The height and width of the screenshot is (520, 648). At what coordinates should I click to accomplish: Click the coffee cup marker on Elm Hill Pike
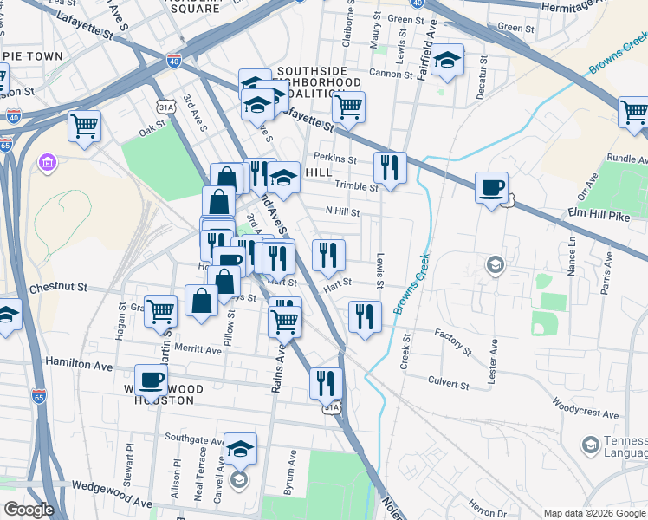(492, 187)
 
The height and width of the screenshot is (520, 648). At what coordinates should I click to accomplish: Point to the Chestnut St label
(59, 287)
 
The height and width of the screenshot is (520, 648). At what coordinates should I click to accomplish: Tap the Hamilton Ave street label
(80, 364)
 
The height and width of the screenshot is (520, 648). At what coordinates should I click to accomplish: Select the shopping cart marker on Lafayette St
(348, 107)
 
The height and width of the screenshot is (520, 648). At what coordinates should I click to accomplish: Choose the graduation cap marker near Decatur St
(448, 60)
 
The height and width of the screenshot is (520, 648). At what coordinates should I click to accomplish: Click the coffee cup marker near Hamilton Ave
(152, 380)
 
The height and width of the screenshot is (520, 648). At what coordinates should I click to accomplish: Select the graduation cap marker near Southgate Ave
(240, 449)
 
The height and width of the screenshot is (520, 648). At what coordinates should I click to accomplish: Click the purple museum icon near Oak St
(47, 162)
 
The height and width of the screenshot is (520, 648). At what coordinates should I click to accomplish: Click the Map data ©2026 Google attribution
(595, 513)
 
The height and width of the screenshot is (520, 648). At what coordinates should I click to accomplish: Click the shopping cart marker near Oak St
(85, 126)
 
